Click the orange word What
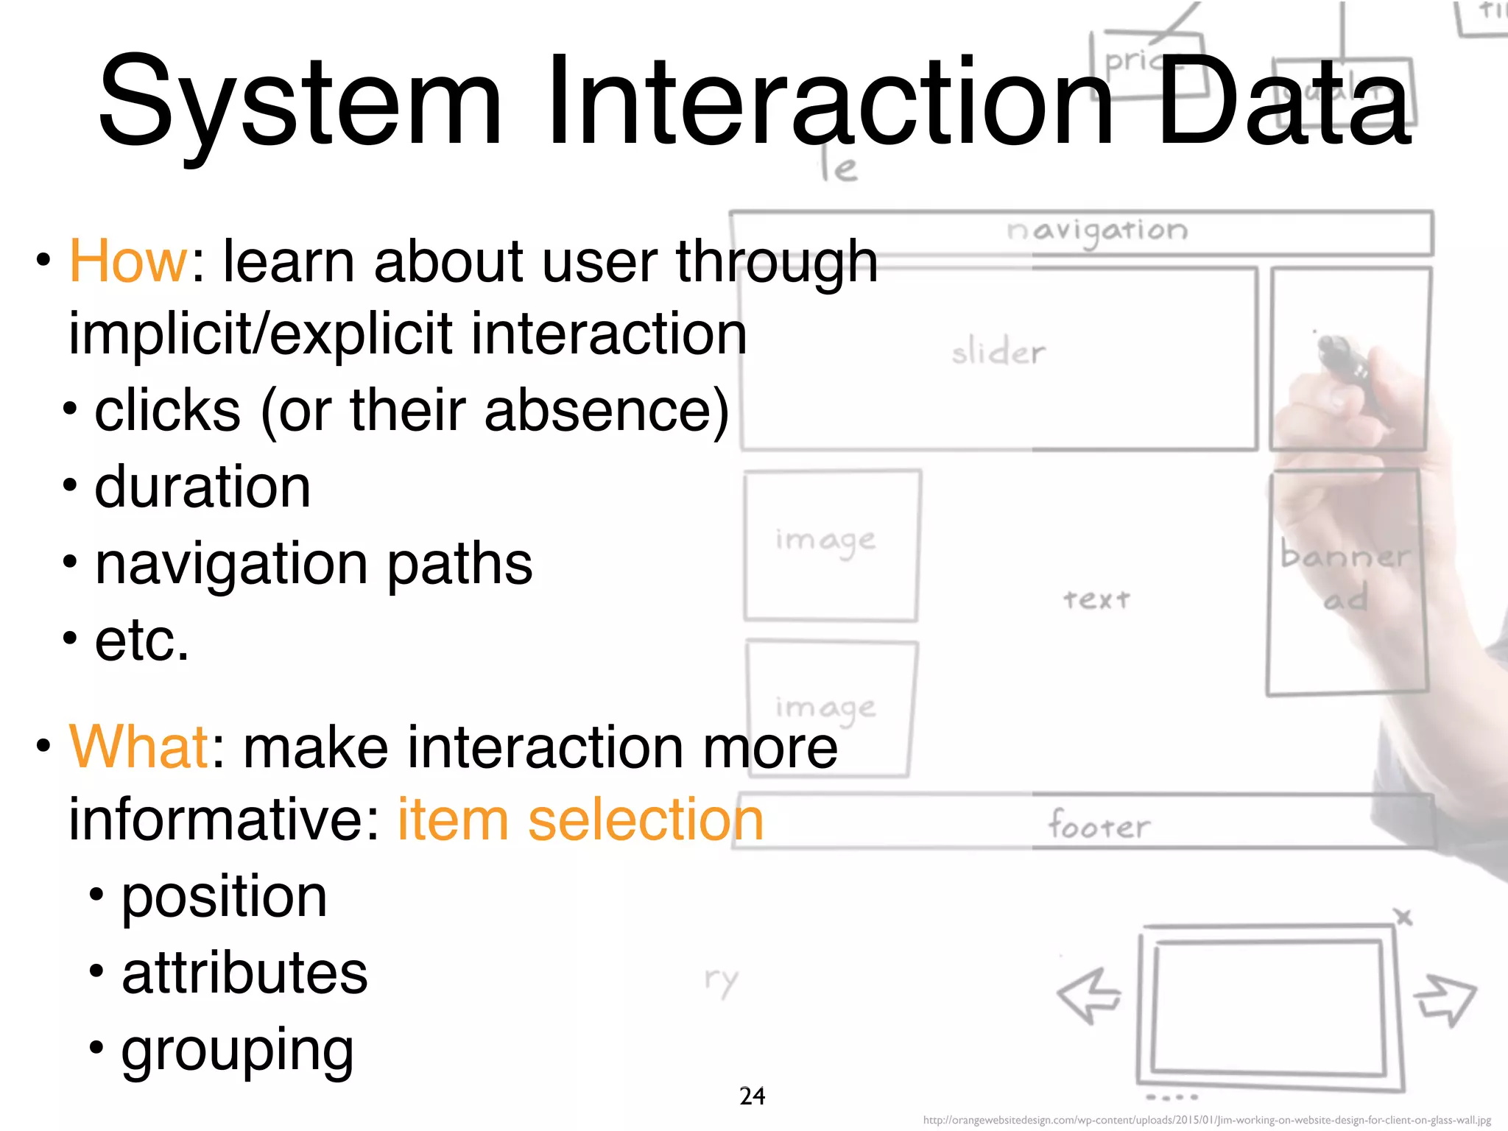click(x=139, y=747)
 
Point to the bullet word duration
click(x=202, y=487)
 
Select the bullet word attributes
click(x=244, y=973)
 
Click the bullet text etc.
click(x=141, y=640)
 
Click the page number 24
click(x=752, y=1096)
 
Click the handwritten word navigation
click(x=1096, y=231)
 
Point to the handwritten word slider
click(x=998, y=353)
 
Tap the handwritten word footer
click(x=1098, y=825)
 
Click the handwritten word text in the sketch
click(x=1096, y=599)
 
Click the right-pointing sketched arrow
click(x=1445, y=998)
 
